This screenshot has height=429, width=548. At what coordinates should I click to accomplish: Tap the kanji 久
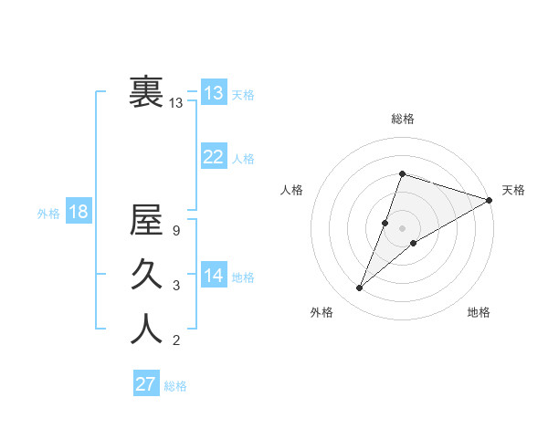click(x=146, y=273)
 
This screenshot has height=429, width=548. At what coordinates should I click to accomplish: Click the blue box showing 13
click(x=214, y=92)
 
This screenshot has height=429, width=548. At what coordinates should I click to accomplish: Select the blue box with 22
click(x=214, y=157)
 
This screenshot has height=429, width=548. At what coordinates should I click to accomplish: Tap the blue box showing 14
click(x=214, y=276)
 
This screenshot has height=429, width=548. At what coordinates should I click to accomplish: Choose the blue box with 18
click(x=79, y=212)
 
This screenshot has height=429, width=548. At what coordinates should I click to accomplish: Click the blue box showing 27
click(x=146, y=384)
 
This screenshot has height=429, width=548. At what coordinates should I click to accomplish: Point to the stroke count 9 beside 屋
click(x=175, y=231)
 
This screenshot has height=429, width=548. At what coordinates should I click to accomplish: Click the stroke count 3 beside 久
click(x=175, y=286)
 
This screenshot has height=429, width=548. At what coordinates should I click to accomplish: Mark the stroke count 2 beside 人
click(x=175, y=341)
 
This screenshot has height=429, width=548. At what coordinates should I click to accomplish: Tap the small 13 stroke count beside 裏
click(x=175, y=103)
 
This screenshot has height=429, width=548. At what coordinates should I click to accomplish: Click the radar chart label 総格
click(x=402, y=119)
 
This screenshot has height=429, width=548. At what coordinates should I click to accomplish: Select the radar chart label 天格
click(x=513, y=190)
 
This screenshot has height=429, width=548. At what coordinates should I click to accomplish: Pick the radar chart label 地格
click(x=479, y=312)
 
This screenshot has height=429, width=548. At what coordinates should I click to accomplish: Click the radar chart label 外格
click(x=321, y=312)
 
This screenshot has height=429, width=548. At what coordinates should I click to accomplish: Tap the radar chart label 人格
click(x=291, y=190)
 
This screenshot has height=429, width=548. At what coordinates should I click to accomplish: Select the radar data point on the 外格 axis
click(x=359, y=288)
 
